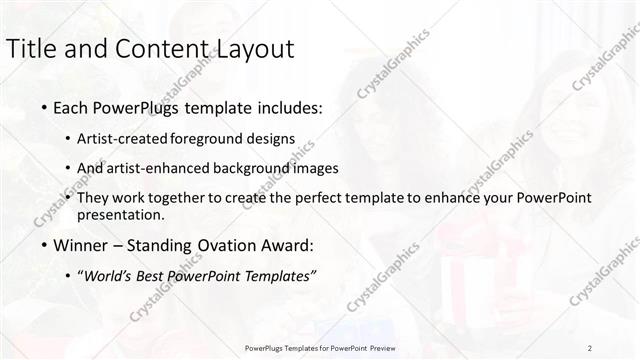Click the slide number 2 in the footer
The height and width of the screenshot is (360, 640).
590,348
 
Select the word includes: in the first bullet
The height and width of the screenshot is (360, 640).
290,107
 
